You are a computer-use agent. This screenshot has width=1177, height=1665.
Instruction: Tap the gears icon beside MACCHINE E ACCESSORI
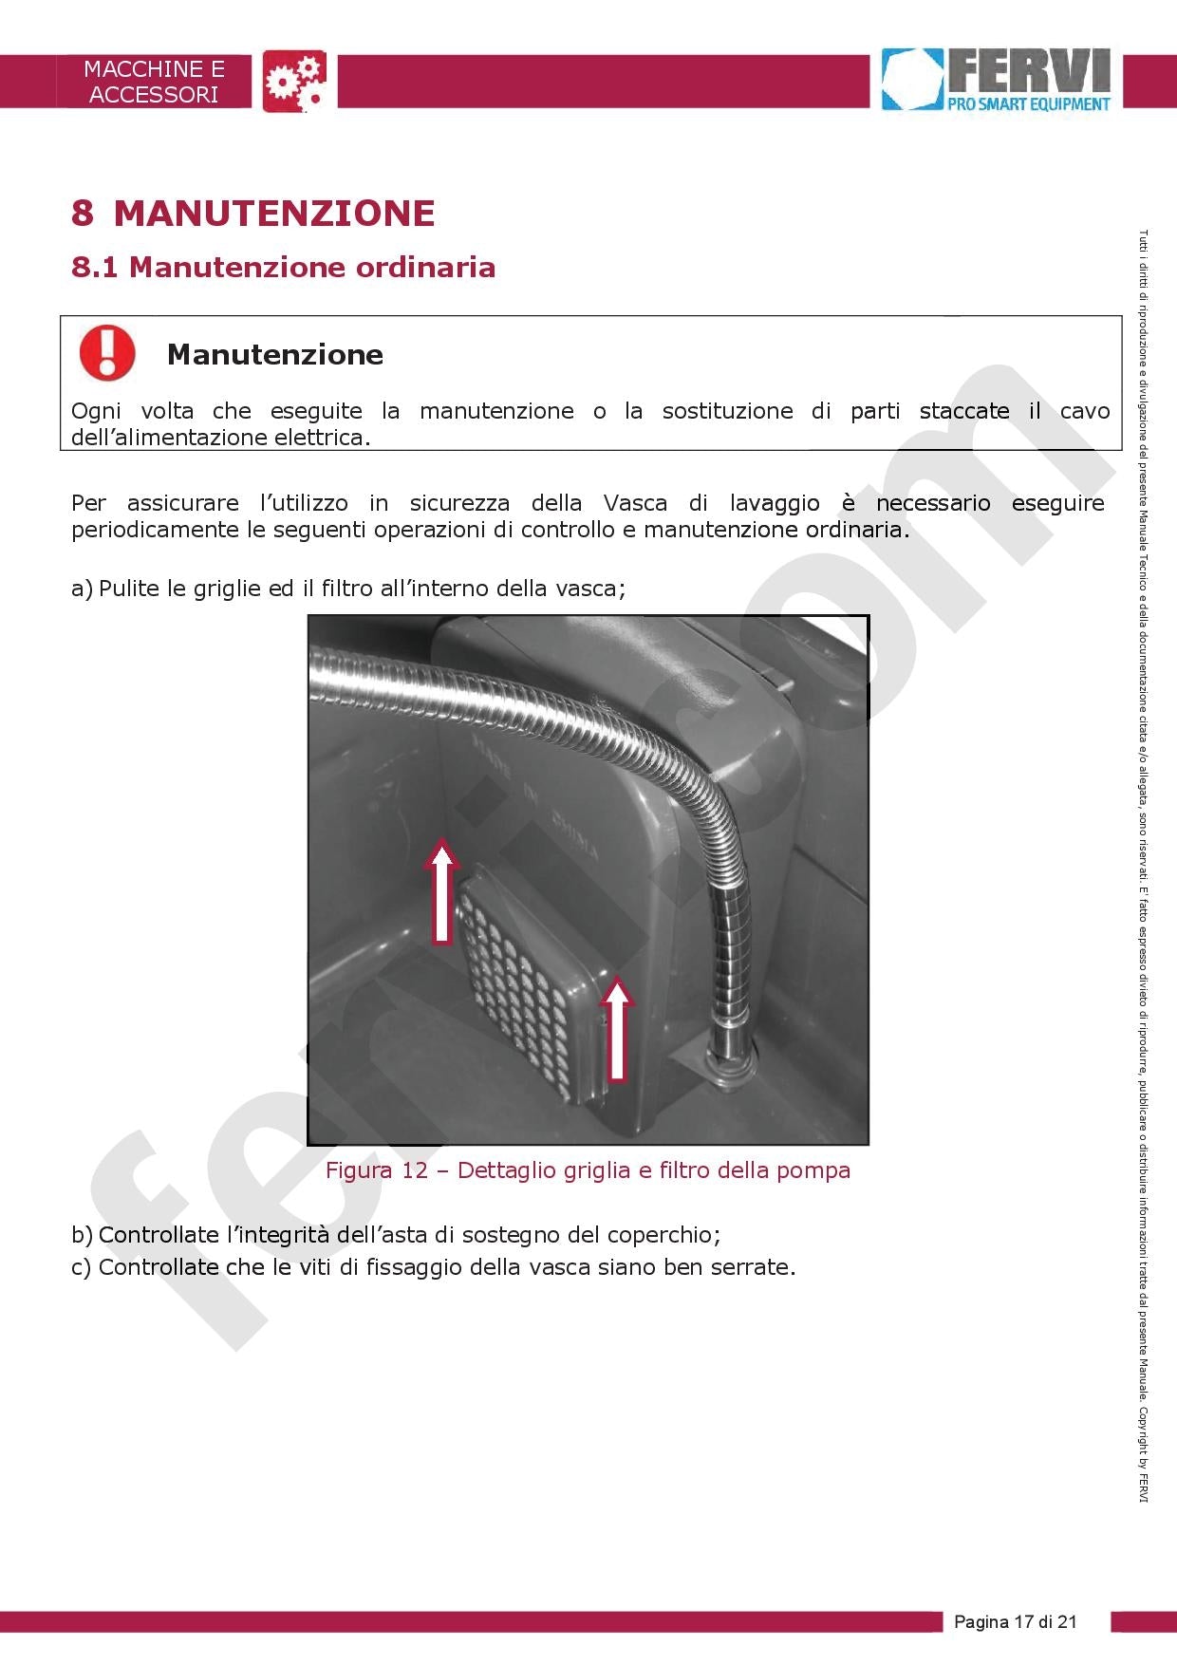[x=294, y=81]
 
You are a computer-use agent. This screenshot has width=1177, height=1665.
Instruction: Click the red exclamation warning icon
[x=107, y=353]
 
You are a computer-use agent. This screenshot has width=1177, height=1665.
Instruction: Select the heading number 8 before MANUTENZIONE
[x=83, y=213]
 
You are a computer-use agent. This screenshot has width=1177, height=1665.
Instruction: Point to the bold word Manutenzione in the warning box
[x=275, y=354]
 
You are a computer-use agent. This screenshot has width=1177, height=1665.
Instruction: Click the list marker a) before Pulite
[x=82, y=589]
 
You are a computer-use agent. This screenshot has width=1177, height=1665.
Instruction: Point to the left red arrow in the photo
[x=441, y=890]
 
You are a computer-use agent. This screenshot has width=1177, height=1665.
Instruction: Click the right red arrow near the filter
[x=618, y=1029]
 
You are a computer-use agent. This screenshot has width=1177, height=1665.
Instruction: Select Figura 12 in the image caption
[x=377, y=1170]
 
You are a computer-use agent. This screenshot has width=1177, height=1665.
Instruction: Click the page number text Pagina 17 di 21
[x=1016, y=1621]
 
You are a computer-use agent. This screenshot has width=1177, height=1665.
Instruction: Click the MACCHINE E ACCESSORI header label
[x=154, y=82]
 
